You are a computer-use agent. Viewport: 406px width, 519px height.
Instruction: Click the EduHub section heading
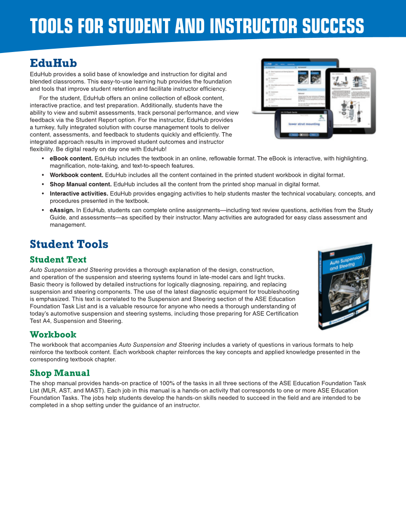53,63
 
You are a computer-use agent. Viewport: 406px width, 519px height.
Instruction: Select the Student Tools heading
69,244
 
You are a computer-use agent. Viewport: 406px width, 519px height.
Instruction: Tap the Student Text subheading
58,259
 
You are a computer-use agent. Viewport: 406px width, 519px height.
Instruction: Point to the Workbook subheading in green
53,334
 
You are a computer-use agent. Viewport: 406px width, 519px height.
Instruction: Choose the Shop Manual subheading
59,372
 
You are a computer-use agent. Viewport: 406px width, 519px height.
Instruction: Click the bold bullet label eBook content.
71,158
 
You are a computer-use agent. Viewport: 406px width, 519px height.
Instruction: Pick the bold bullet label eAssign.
62,210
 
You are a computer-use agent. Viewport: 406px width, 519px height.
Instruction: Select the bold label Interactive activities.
78,193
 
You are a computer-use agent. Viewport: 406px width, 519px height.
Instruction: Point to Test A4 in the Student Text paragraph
41,321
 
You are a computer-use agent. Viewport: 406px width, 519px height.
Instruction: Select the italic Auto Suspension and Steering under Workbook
160,345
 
